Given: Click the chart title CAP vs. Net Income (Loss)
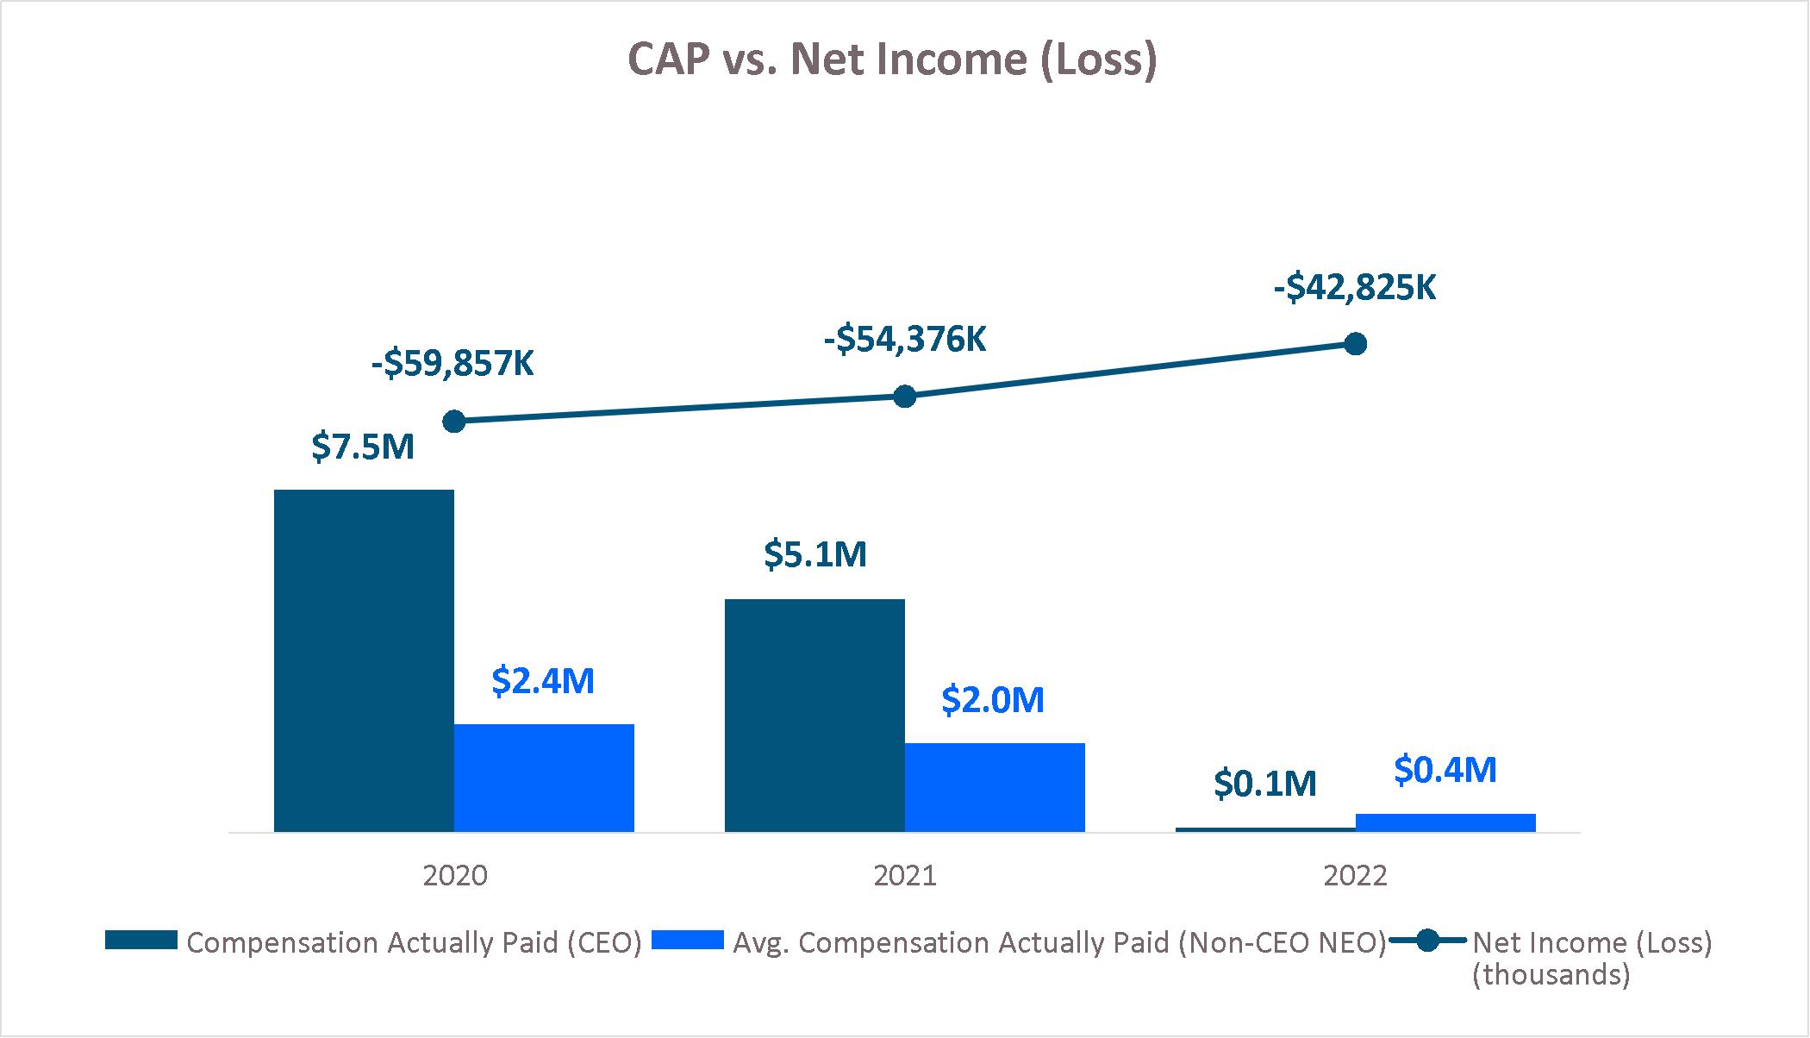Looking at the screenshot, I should coord(891,60).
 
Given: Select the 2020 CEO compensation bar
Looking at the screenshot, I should coord(364,660).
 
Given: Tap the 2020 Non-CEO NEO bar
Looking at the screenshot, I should coord(544,778).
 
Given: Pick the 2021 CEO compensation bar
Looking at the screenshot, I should coord(814,715).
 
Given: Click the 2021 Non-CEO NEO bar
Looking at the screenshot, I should coord(995,787).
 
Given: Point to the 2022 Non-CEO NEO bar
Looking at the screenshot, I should coord(1445,822).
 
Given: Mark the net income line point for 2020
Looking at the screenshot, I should coord(454,422).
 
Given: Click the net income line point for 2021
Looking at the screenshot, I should coord(904,397).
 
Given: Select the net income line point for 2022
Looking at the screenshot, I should coord(1356,344).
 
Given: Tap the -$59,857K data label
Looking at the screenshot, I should coord(452,364).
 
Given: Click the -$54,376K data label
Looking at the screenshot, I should coord(904,340).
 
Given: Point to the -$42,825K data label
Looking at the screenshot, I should coord(1355,288).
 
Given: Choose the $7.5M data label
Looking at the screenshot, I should coord(363,447).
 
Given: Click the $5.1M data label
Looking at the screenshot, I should coord(814,554).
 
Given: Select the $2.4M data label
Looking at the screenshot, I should coord(543,681).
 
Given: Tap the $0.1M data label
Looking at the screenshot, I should coord(1265,784).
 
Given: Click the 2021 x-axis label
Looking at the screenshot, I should coord(904,876).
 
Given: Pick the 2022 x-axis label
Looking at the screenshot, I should coord(1355,876).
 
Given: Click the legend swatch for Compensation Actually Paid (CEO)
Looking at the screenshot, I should coord(141,941).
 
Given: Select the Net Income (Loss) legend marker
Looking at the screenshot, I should coord(1428,941).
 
